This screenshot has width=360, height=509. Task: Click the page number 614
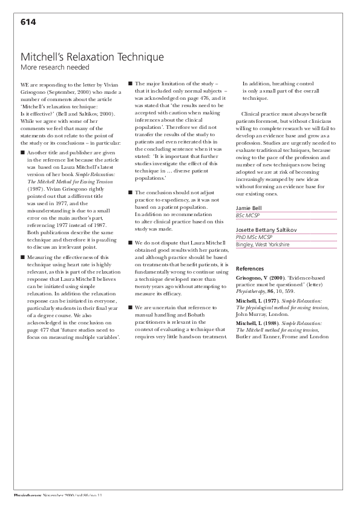(x=28, y=22)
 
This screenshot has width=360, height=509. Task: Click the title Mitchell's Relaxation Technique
(x=92, y=57)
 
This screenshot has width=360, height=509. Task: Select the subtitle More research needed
(x=54, y=67)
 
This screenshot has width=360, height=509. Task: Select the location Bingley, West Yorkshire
(x=263, y=245)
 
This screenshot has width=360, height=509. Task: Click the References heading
(x=249, y=268)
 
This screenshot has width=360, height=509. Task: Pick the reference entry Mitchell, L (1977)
(x=257, y=301)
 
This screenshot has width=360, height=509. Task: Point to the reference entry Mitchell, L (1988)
(x=257, y=324)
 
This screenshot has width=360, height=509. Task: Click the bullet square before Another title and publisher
(x=22, y=153)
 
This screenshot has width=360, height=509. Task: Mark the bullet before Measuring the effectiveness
(x=22, y=257)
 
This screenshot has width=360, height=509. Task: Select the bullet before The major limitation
(x=130, y=84)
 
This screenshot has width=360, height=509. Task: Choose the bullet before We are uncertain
(x=130, y=308)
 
